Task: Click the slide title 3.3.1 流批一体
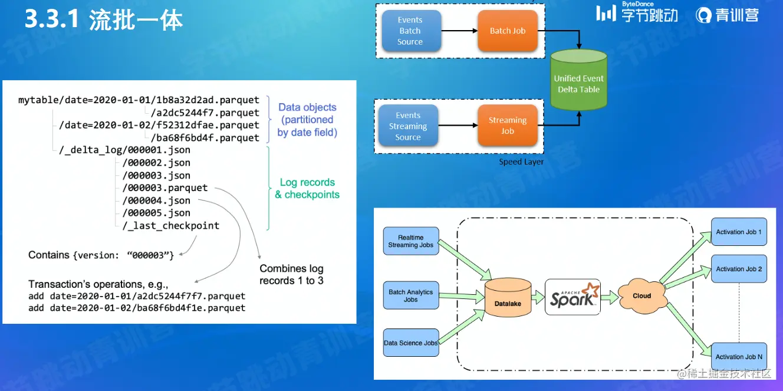[104, 21]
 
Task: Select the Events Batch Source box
[410, 31]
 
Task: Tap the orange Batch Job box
[508, 31]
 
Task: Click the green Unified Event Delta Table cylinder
[578, 81]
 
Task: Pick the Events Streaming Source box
[408, 126]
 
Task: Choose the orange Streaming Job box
[508, 126]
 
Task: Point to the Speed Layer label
[521, 162]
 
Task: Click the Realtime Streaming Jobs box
[411, 241]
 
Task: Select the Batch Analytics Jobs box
[411, 295]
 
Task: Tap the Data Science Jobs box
[411, 343]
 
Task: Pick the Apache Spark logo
[572, 296]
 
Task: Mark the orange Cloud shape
[642, 295]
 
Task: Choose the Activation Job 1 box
[739, 232]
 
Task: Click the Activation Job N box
[739, 356]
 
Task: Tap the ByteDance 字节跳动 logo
[637, 13]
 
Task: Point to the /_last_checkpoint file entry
[171, 226]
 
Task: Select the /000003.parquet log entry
[165, 188]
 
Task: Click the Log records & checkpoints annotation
[307, 188]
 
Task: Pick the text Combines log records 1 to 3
[291, 274]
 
